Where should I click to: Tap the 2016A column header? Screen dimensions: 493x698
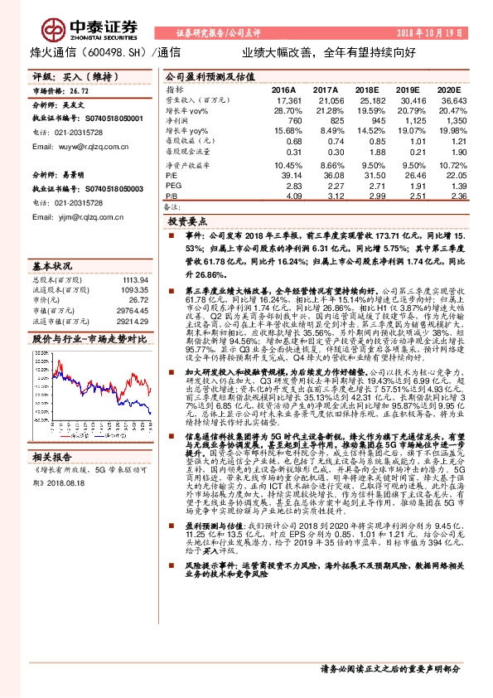[283, 89]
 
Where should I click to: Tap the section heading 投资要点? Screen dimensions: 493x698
[186, 222]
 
